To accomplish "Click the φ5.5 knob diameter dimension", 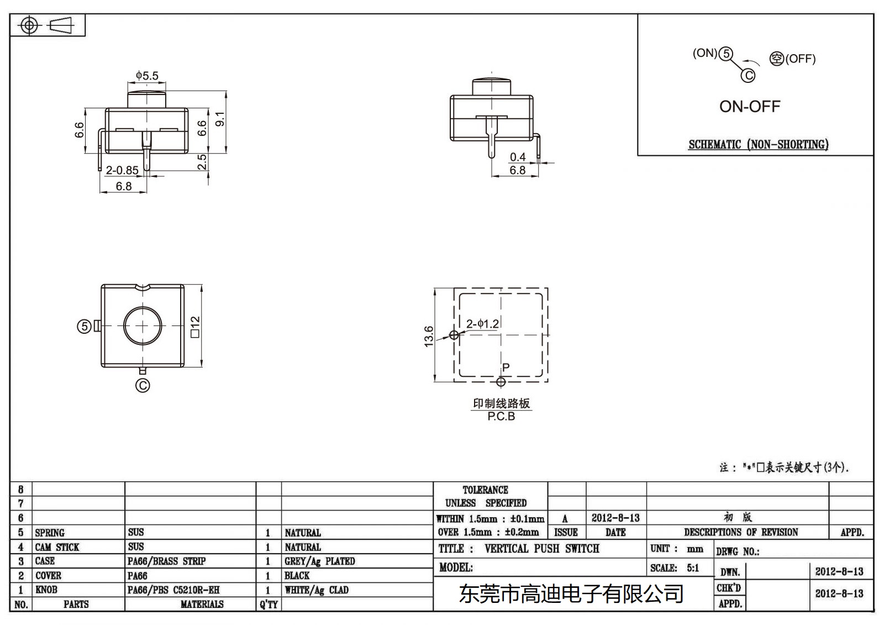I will (147, 76).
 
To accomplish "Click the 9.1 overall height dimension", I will (220, 119).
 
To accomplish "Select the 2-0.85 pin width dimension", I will (122, 170).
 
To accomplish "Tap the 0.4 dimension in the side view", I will (518, 157).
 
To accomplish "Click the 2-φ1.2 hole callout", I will (482, 324).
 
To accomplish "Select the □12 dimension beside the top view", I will (195, 327).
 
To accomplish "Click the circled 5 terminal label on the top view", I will (84, 327).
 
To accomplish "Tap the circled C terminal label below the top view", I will (143, 385).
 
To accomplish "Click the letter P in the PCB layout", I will (506, 367).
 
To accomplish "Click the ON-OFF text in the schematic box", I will (749, 107).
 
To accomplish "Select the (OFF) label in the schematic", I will (800, 59).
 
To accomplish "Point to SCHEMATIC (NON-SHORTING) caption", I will (758, 145).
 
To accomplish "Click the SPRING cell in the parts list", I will (50, 533).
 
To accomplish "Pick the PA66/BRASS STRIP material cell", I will (166, 561).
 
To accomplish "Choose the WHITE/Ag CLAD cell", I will (317, 590).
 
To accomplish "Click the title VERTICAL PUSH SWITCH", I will (541, 549).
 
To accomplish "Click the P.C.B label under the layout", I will (501, 417).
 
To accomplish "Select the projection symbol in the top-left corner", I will (47, 25).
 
